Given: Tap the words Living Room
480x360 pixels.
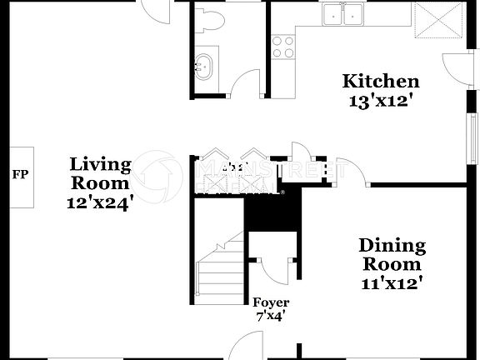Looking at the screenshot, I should click(x=99, y=172).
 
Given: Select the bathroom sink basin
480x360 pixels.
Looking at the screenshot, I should click(x=203, y=64).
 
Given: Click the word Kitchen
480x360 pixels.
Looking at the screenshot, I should click(x=381, y=82).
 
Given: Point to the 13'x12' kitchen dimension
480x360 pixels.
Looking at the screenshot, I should click(x=381, y=102).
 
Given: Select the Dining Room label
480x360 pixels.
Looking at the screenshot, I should click(x=392, y=255).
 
